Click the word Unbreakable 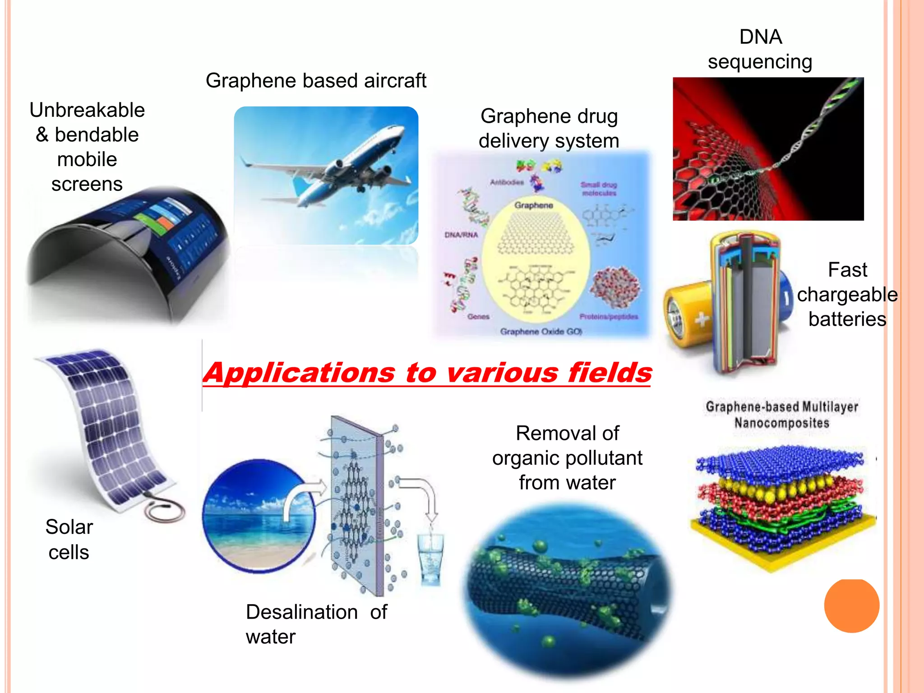(x=87, y=110)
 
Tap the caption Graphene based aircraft (x=316, y=81)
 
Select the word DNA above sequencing (x=760, y=37)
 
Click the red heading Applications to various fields (x=427, y=373)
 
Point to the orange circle (x=851, y=605)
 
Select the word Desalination (x=302, y=612)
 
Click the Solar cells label (x=69, y=540)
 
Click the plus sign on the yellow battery (x=702, y=319)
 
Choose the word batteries (x=847, y=319)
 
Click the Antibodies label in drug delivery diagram (x=507, y=182)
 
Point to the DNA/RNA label (x=461, y=235)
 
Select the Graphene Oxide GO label (x=541, y=332)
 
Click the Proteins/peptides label (x=609, y=317)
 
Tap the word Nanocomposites (x=781, y=423)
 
